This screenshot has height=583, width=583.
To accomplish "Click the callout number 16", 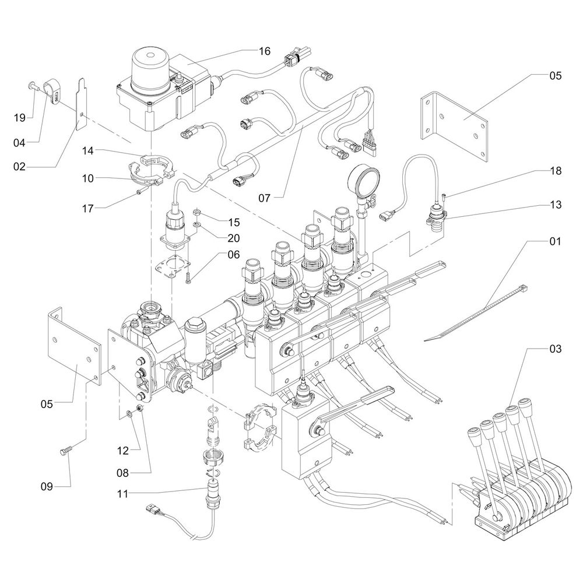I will (264, 51).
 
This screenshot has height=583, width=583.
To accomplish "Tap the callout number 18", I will (555, 171).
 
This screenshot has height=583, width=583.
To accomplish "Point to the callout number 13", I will (555, 205).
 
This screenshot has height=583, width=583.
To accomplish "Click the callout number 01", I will (555, 241).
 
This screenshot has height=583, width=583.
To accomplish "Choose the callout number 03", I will (555, 349).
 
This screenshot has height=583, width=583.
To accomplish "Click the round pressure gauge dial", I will (359, 180).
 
